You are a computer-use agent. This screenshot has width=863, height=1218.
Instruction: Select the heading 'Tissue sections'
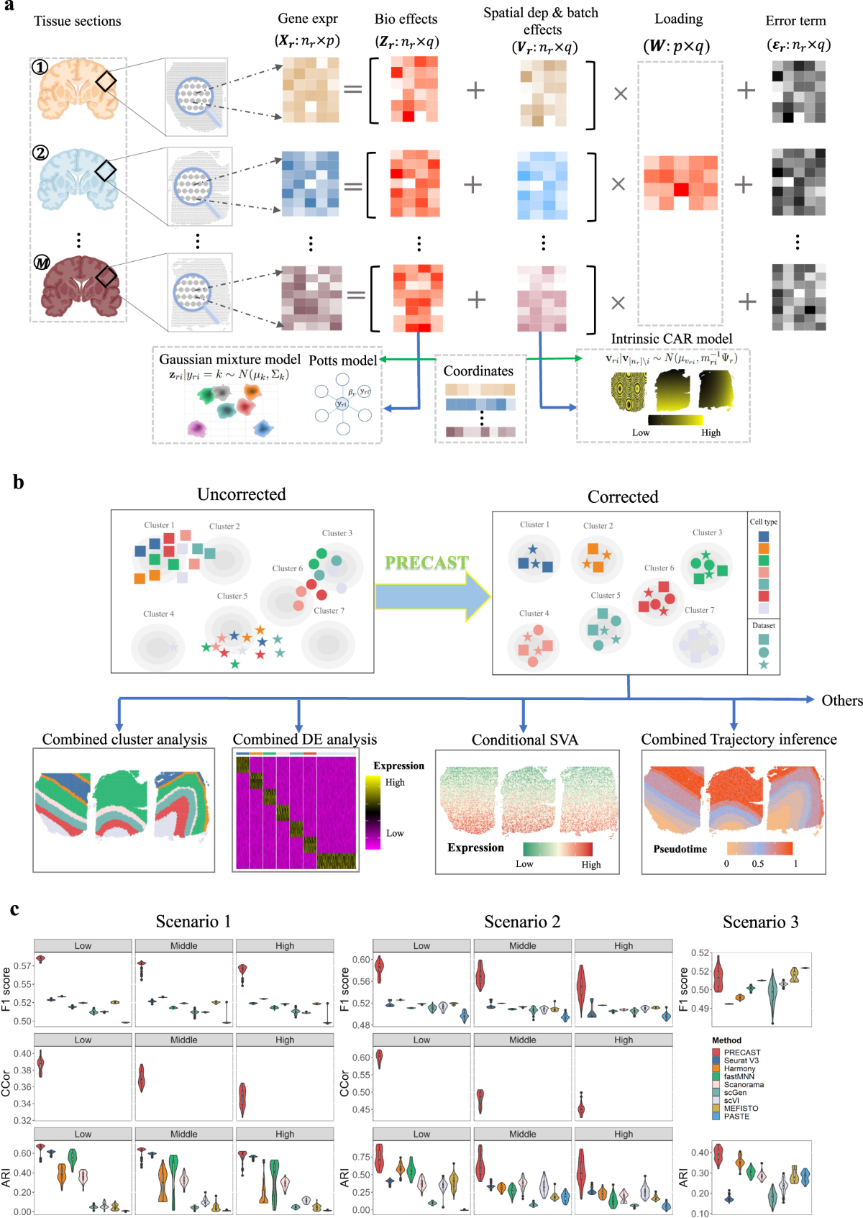[78, 21]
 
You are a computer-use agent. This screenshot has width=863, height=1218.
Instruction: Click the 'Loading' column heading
[678, 19]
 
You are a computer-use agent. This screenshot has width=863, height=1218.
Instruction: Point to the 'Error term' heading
[795, 21]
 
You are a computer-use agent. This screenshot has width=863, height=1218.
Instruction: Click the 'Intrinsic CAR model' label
[671, 339]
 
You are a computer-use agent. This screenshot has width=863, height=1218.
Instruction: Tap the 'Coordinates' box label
[478, 371]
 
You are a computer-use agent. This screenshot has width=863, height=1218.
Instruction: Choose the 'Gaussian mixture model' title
[229, 359]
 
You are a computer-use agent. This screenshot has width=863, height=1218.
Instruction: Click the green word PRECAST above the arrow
[426, 563]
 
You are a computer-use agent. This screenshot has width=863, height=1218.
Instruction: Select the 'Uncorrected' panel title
[242, 494]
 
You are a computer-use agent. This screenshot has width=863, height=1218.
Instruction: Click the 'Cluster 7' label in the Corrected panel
[699, 610]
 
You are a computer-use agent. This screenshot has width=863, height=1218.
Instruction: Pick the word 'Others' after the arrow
[841, 700]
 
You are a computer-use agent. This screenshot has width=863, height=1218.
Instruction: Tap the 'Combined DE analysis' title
[304, 739]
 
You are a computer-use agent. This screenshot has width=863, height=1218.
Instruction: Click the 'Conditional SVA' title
[524, 740]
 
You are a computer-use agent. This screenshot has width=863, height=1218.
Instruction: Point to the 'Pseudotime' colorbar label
[680, 849]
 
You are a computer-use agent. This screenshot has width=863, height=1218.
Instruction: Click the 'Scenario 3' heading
[760, 922]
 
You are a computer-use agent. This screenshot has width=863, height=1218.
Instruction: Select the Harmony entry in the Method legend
[739, 1068]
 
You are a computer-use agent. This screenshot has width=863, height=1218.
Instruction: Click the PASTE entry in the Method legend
[736, 1116]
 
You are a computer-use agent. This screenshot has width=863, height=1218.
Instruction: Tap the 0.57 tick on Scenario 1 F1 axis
[22, 965]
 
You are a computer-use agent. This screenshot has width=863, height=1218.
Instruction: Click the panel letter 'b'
[19, 483]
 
